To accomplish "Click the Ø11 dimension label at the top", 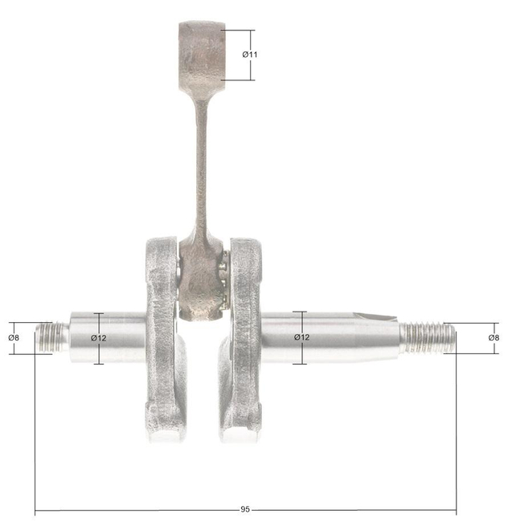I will pyautogui.click(x=250, y=55).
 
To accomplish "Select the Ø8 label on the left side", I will pyautogui.click(x=14, y=338).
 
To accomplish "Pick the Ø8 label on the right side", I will pyautogui.click(x=494, y=338).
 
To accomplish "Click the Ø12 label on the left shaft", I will pyautogui.click(x=98, y=338).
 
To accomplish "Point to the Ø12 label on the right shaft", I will pyautogui.click(x=301, y=337).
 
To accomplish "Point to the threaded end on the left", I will pyautogui.click(x=52, y=337).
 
